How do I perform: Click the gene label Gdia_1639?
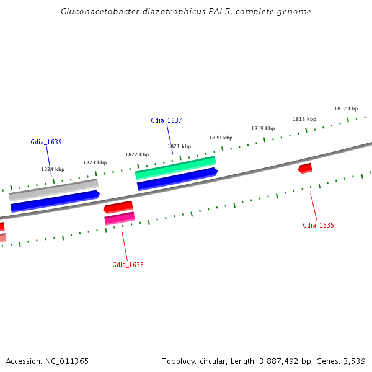[x=46, y=142]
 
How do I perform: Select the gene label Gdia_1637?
[x=166, y=120]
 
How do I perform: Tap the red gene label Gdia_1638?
[x=128, y=265]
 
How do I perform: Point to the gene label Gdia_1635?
[x=318, y=225]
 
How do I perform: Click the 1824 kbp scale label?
[x=53, y=169]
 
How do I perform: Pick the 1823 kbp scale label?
[x=95, y=162]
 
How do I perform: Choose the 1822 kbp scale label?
[x=137, y=154]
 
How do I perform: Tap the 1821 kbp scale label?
[x=179, y=146]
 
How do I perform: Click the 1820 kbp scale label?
[x=221, y=138]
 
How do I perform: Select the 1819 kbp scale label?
[x=263, y=128]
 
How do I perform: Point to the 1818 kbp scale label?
[x=304, y=119]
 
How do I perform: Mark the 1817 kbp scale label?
[x=346, y=108]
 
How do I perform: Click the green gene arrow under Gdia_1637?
[x=175, y=164]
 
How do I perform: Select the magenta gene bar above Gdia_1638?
[x=120, y=218]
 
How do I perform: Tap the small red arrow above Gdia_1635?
[x=305, y=168]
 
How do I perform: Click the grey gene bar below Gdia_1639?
[x=53, y=190]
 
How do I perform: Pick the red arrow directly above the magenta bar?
[x=118, y=206]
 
